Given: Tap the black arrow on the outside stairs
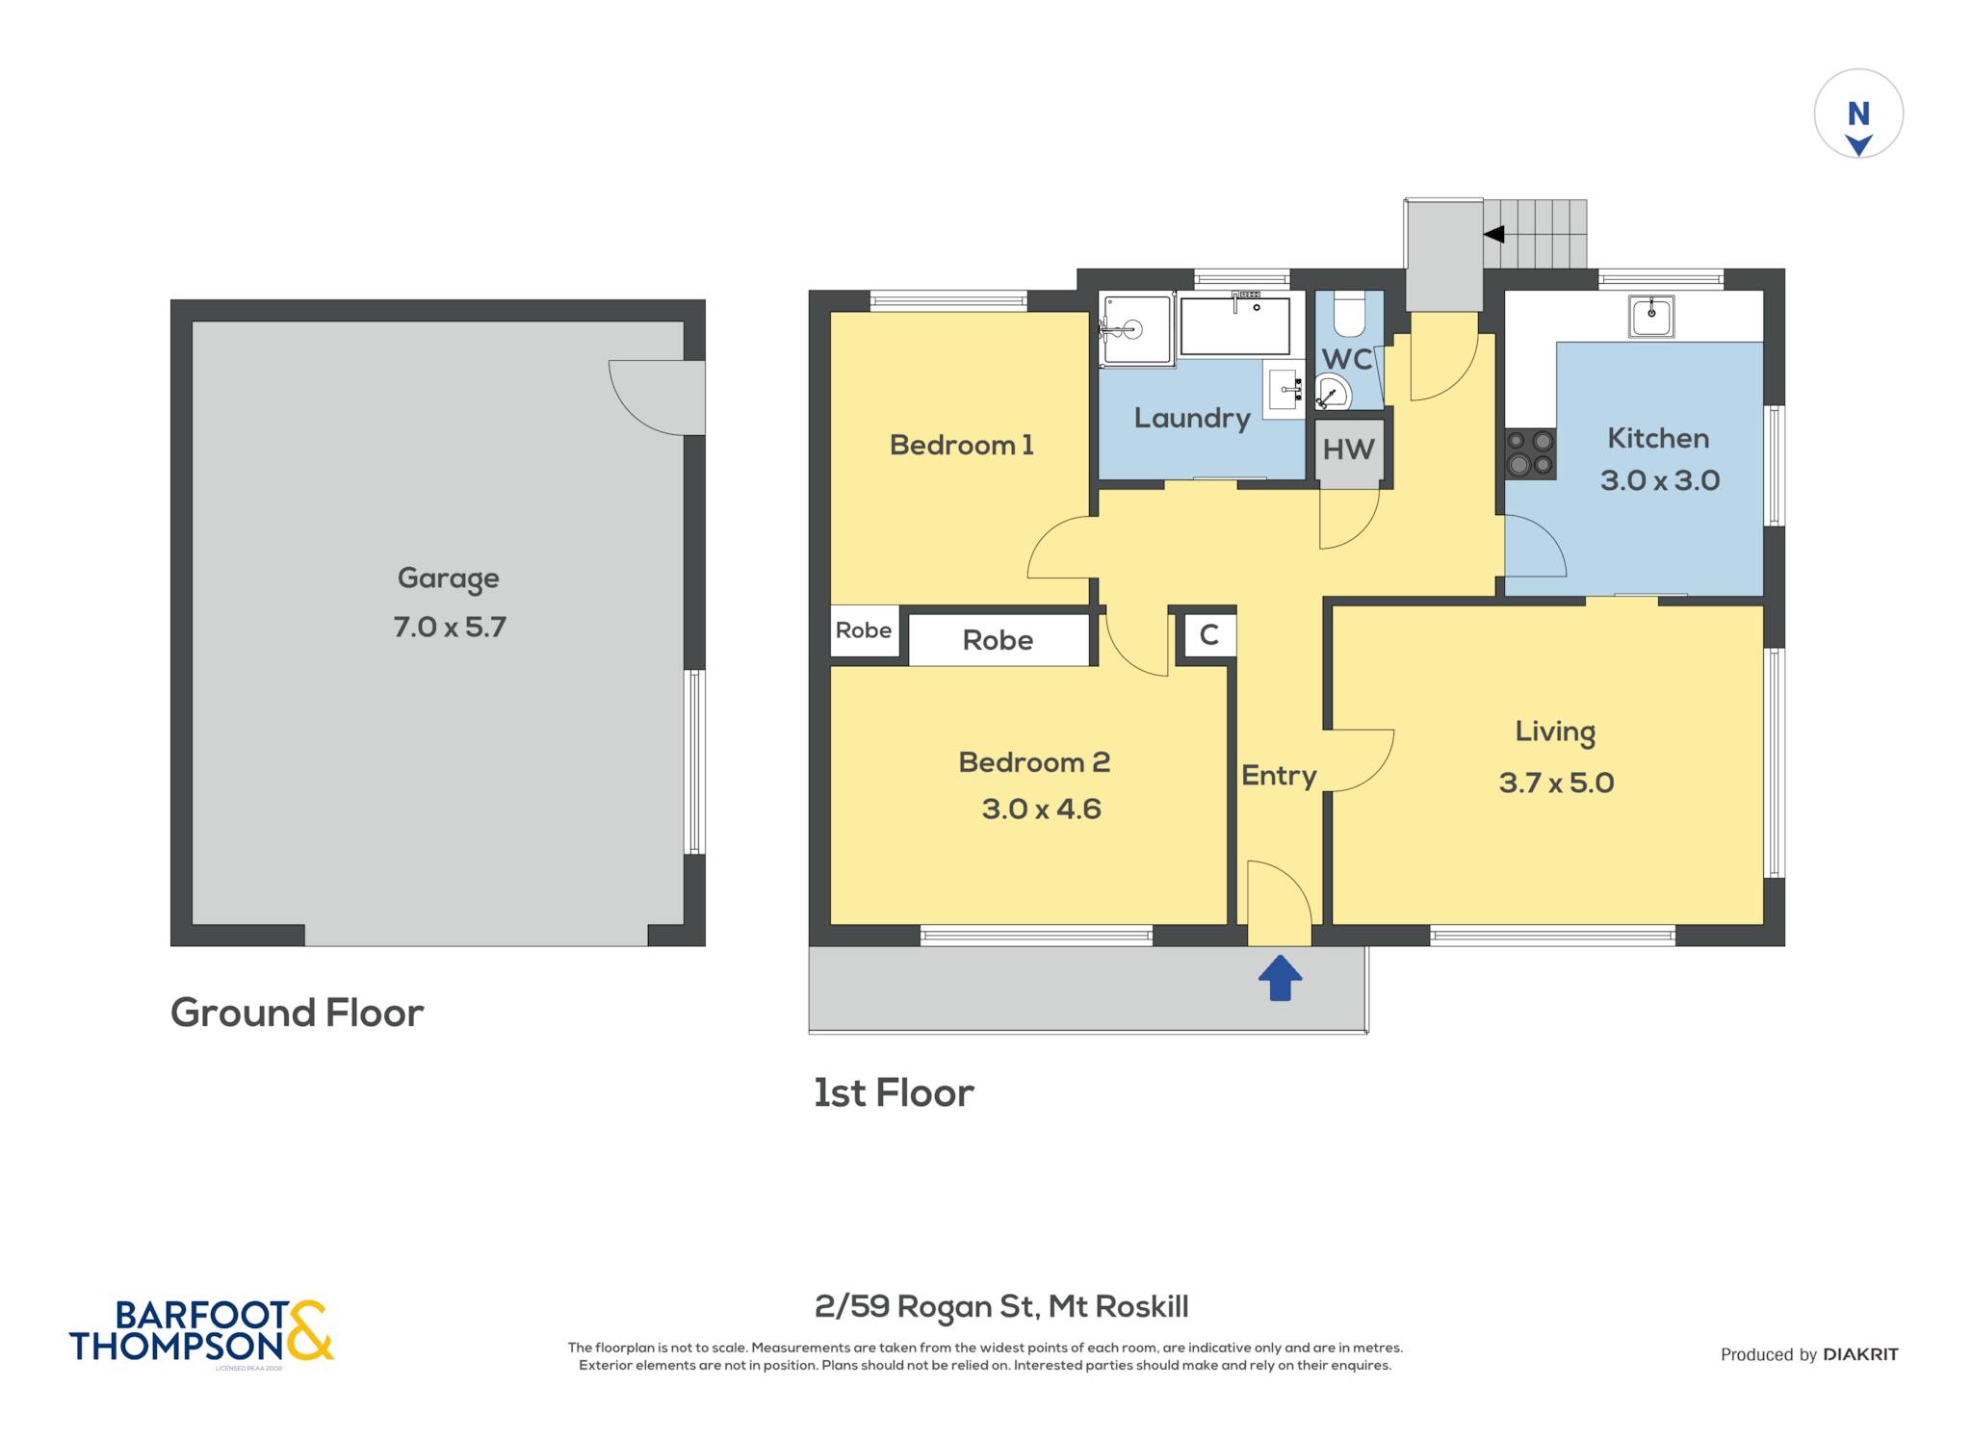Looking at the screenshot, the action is [1493, 234].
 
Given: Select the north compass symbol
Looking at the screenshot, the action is [1858, 114].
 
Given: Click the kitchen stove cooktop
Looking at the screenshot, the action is [1530, 453].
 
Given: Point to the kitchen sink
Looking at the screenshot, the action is [1651, 316].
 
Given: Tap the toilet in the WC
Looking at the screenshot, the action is [1349, 312].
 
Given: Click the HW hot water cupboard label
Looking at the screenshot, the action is [1348, 449].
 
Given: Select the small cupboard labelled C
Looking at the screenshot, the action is [1209, 635].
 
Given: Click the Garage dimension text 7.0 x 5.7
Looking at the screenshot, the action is [450, 627].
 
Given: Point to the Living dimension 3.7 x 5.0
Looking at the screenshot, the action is [1556, 783].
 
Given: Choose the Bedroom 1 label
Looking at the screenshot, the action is [961, 445].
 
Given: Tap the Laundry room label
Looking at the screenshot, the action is [1192, 419].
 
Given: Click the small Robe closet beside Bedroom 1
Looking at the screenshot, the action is [864, 630].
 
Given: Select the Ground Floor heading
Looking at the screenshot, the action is [297, 1013].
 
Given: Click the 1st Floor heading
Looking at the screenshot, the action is [894, 1093].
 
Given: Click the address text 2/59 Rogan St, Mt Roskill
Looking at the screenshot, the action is [1001, 1307].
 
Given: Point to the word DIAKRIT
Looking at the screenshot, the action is [1860, 1354].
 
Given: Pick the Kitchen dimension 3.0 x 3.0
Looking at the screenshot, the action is [1660, 480].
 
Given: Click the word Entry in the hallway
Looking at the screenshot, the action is [1279, 776].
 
